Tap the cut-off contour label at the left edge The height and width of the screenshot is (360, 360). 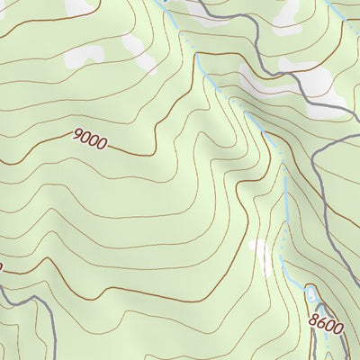pos(2,266)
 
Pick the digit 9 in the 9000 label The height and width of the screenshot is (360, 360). pos(76,136)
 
